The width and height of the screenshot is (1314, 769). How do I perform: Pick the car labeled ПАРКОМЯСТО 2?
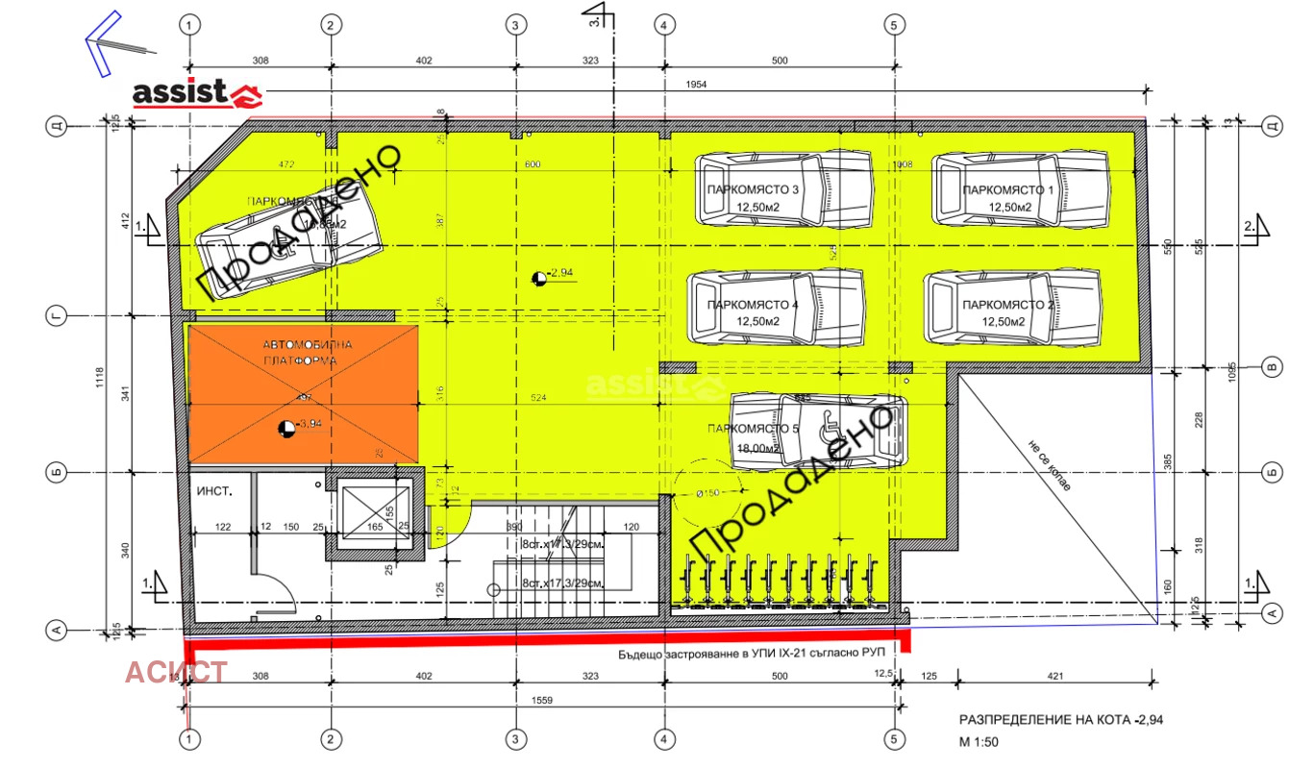(x=1010, y=307)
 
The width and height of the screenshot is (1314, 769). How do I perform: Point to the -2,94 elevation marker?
(x=540, y=278)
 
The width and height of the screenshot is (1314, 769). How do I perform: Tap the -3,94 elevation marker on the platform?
(x=285, y=427)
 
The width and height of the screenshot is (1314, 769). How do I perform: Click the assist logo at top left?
(x=197, y=92)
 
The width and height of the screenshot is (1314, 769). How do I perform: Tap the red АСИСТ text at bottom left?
(x=176, y=671)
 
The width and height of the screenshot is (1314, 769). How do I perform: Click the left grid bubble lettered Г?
(x=57, y=315)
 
